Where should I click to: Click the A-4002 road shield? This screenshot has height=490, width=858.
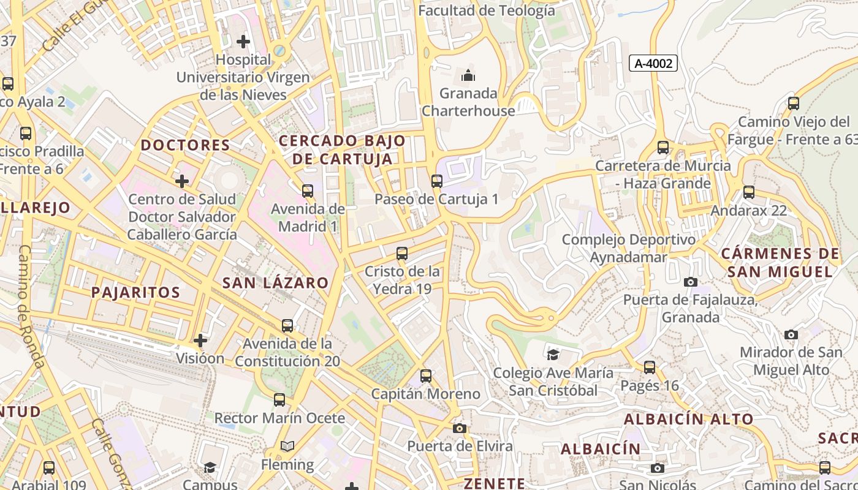[653, 63]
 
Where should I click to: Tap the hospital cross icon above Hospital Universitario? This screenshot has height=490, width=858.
[243, 42]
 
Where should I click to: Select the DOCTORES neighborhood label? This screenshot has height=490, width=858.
[185, 146]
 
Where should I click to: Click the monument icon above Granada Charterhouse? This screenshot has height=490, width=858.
[468, 76]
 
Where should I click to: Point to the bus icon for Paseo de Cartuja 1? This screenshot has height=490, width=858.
[436, 181]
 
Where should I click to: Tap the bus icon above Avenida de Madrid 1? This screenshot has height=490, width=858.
[308, 191]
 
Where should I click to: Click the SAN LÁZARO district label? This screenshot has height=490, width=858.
[275, 283]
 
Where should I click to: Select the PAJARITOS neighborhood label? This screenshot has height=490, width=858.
[135, 292]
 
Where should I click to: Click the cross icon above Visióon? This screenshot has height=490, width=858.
[200, 341]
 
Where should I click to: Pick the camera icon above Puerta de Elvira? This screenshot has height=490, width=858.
[460, 428]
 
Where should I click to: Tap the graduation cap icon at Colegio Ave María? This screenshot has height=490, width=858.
[553, 355]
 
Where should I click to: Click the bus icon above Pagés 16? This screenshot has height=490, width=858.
[650, 367]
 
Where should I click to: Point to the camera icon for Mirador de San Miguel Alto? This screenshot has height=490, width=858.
[791, 334]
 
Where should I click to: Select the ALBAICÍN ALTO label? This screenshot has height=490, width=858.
[688, 420]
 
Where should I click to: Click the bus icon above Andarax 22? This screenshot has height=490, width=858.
[748, 192]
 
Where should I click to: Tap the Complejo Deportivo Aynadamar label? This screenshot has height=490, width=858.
[628, 248]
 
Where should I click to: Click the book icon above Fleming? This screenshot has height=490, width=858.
[287, 447]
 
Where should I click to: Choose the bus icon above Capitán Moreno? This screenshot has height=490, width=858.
[426, 375]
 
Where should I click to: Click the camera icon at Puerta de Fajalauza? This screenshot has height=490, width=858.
[691, 282]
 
